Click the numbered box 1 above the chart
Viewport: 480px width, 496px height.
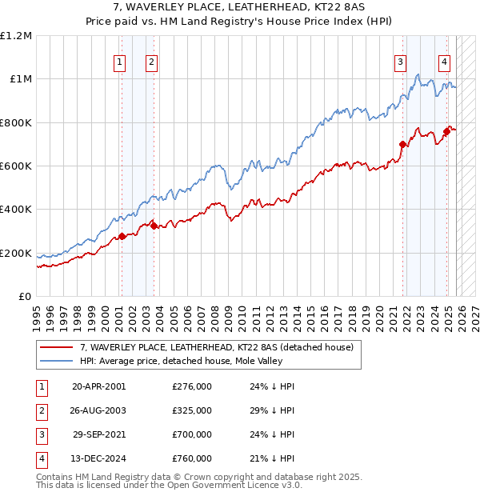coord(119,62)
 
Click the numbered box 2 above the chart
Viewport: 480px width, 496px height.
coord(151,62)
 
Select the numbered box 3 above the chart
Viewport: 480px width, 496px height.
coord(399,62)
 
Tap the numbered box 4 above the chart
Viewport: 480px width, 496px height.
coord(444,62)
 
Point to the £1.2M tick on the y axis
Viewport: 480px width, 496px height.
coord(16,36)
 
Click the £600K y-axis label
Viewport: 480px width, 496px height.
coord(16,166)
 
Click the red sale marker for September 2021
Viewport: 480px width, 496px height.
coord(402,145)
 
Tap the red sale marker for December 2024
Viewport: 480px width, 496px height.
coord(446,132)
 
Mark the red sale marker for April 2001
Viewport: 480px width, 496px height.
coord(122,236)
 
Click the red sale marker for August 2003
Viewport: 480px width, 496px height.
coord(154,226)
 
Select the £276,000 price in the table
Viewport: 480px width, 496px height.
coord(192,386)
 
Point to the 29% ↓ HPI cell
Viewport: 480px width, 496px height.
coord(272,410)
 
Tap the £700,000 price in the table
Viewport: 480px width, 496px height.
coord(192,434)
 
